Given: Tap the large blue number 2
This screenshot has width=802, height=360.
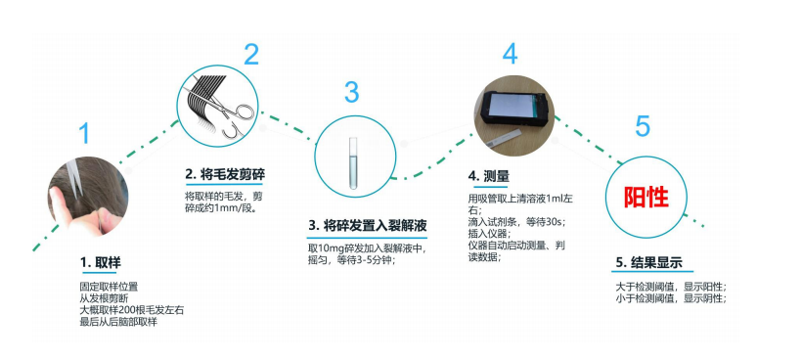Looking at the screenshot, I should click(x=251, y=53).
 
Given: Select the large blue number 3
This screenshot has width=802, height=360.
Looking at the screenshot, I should click(x=351, y=93).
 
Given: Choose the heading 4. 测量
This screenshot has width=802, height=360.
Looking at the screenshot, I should click(x=489, y=176).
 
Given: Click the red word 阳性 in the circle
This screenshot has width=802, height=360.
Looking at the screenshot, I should click(x=646, y=197).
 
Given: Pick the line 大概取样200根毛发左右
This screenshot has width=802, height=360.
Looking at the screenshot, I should click(x=131, y=310).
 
